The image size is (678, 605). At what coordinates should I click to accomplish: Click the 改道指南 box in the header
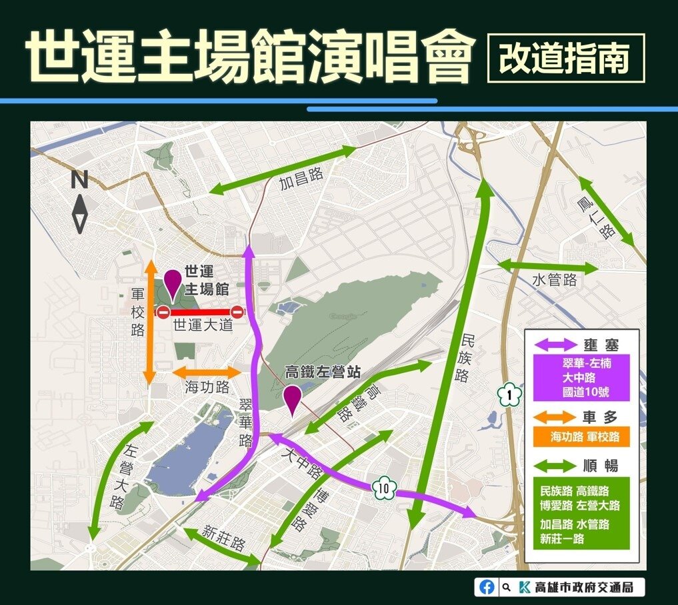[x=566, y=59]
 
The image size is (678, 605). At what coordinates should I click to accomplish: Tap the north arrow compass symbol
[x=80, y=203]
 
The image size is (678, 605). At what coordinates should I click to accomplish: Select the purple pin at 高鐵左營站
[x=291, y=400]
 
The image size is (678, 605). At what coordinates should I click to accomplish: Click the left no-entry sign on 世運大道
[x=163, y=312]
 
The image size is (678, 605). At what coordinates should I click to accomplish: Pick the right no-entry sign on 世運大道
[x=237, y=311]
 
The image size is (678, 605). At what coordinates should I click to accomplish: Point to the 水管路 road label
[x=554, y=280]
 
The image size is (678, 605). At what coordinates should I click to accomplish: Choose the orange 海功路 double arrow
[x=207, y=372]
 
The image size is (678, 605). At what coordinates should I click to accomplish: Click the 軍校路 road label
[x=137, y=312]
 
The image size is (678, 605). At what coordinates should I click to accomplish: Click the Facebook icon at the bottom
[x=487, y=587]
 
